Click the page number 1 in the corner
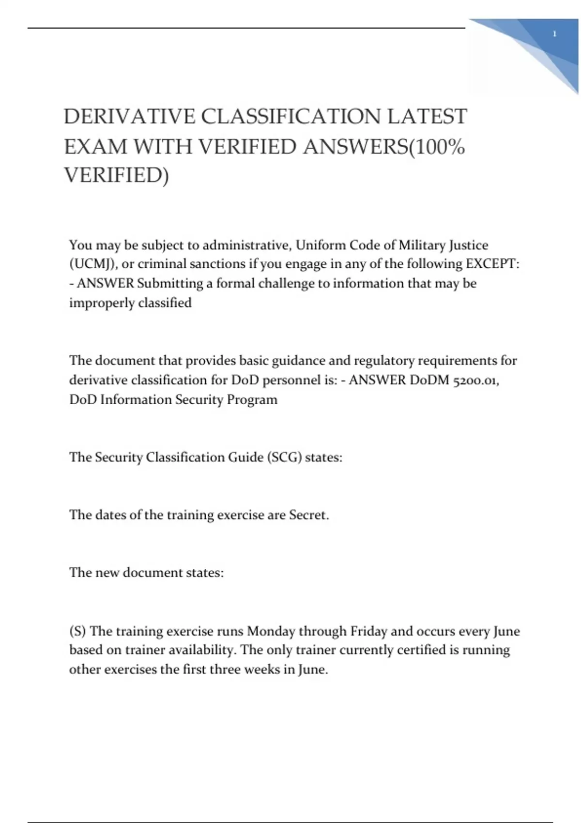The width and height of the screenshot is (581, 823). pyautogui.click(x=554, y=34)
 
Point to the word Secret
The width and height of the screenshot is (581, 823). pyautogui.click(x=309, y=515)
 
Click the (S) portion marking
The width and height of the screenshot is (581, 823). pyautogui.click(x=77, y=631)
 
